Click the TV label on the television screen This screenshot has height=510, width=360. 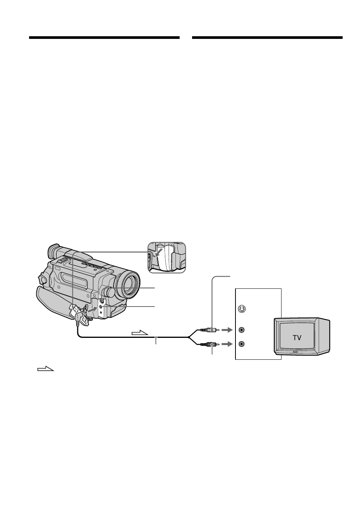(x=297, y=338)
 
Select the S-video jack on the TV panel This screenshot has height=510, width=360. (x=242, y=309)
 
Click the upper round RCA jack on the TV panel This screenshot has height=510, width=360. (x=242, y=330)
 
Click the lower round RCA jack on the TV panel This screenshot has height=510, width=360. (x=242, y=344)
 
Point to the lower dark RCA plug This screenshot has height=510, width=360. (x=209, y=345)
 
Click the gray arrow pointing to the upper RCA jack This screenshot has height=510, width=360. (x=227, y=330)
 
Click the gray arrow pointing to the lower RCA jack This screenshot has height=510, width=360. (x=227, y=345)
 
